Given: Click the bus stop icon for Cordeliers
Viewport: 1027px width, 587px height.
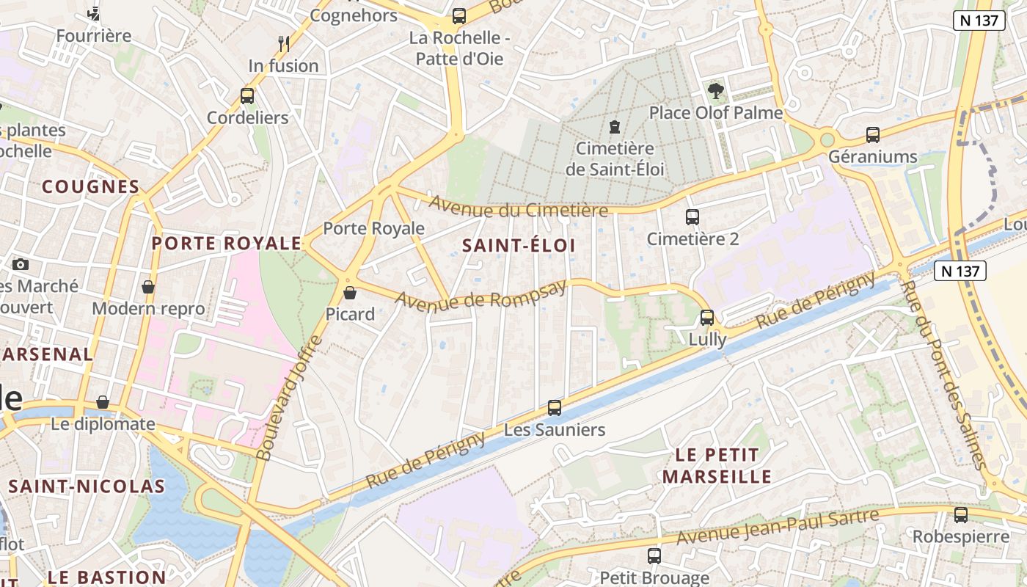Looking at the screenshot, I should pos(247,96).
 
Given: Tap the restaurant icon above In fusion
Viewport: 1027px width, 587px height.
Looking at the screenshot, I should pos(284,44).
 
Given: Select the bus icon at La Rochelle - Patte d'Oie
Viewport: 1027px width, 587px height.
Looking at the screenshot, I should pos(459,15).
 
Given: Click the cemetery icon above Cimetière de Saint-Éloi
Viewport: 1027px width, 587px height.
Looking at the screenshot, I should pos(615,127).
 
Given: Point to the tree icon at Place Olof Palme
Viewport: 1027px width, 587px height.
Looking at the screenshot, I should pos(716,91).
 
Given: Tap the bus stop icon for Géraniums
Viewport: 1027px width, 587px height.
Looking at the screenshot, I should pos(873,135).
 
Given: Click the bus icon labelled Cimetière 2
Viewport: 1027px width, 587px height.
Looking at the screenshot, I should pos(692,217).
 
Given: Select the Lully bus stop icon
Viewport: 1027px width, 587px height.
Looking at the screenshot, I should pos(707,318).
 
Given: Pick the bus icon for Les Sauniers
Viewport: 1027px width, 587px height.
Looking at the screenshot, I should pos(555,408).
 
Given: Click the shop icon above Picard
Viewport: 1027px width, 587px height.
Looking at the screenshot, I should pos(350,293).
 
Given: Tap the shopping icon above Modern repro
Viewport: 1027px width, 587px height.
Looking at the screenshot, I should pos(148,287).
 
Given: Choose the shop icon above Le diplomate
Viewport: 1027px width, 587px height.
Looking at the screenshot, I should pos(103,402).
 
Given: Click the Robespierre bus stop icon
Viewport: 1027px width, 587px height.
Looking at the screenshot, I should pos(961,515).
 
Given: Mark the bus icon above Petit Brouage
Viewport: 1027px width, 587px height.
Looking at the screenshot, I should pos(654,556).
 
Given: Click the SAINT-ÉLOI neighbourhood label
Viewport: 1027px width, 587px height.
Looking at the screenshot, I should pos(519,246).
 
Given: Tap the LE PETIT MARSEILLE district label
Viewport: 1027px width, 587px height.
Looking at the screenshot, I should pos(717,466).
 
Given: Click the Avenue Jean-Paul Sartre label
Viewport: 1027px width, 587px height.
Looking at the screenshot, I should pos(778,527).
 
